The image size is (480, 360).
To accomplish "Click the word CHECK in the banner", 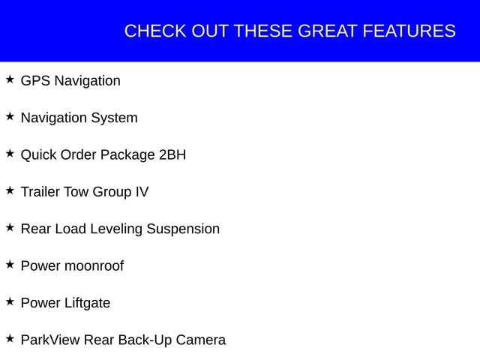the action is point(155,31).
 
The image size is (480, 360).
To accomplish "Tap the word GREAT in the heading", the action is point(327,31).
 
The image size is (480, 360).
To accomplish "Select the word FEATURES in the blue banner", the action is point(409,31).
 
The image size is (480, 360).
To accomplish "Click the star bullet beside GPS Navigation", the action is point(10,79).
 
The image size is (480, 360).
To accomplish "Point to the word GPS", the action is point(35,81).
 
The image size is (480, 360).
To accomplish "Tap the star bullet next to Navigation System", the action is point(10,116).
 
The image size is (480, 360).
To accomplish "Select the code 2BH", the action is point(172,155).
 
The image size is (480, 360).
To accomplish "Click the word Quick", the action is point(38,155).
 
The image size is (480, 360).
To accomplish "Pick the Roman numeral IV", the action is point(142,192).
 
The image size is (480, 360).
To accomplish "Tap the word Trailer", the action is point(40,192).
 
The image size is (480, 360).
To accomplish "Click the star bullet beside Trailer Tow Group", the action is point(10,190).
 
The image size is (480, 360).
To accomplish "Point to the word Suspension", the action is point(183,229).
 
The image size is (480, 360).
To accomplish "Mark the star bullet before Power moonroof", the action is point(10,265).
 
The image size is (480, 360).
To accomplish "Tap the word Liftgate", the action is point(87,303).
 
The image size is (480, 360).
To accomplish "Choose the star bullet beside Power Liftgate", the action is point(10,301).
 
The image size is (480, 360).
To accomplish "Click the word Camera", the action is point(201,340).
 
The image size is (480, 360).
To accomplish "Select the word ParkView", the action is point(50,340).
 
